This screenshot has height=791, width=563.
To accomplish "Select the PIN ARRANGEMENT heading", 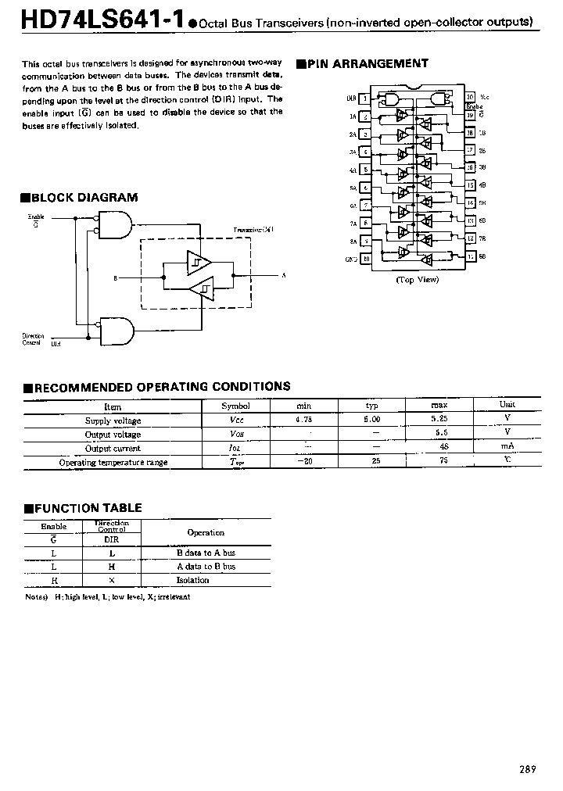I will pyautogui.click(x=367, y=64).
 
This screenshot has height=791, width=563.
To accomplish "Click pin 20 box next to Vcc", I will pyautogui.click(x=470, y=98).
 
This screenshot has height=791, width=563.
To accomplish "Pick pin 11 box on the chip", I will pyautogui.click(x=471, y=256).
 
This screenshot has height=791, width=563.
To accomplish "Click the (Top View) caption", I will pyautogui.click(x=417, y=280).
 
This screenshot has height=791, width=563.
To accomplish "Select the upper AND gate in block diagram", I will pyautogui.click(x=111, y=227).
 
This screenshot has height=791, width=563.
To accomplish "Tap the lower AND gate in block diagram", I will pyautogui.click(x=113, y=330).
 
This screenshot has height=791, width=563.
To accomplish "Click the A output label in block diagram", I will pyautogui.click(x=283, y=277).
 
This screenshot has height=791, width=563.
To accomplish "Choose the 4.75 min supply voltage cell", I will pyautogui.click(x=303, y=421).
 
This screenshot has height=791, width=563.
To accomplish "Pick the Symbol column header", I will pyautogui.click(x=235, y=406).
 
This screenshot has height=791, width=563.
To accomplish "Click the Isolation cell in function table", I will pyautogui.click(x=193, y=580).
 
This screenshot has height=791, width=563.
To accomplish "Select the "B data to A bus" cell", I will pyautogui.click(x=206, y=553).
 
